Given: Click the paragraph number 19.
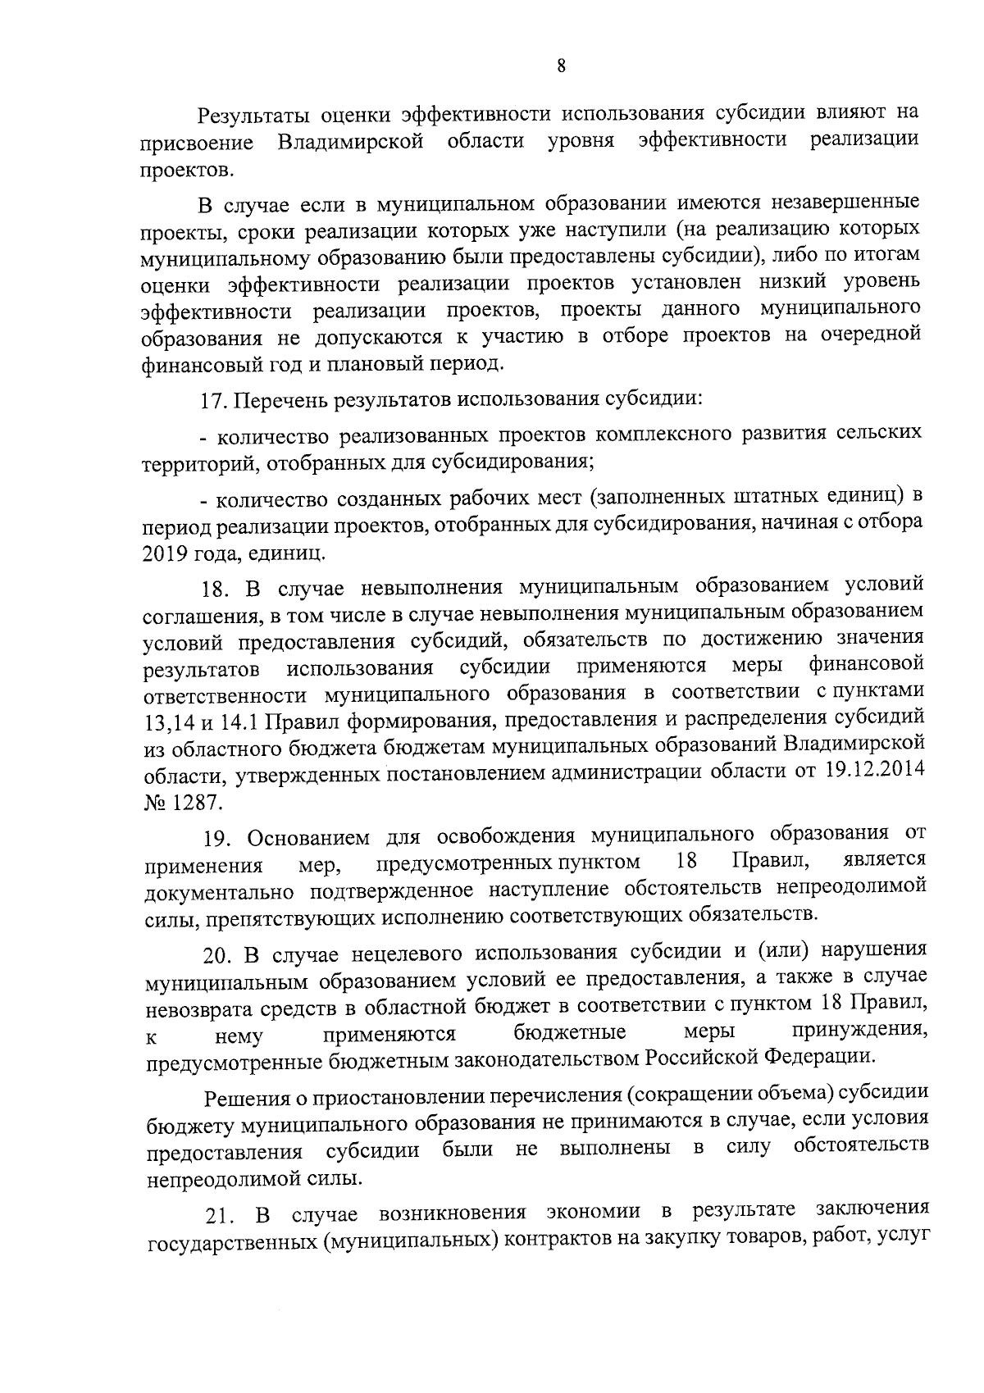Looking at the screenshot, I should point(218,838).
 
